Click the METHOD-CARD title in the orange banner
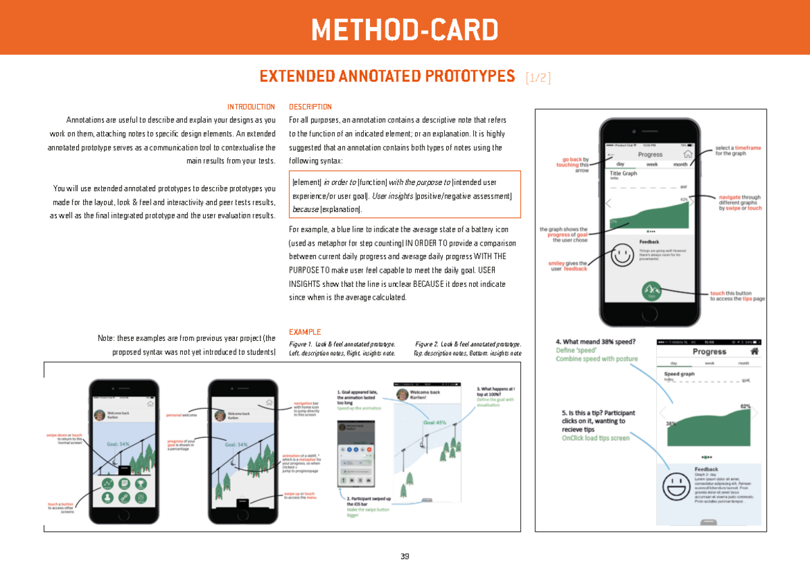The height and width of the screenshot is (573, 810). coord(404,30)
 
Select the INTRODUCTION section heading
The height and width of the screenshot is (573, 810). coord(251,107)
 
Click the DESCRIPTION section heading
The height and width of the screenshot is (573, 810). coord(310,107)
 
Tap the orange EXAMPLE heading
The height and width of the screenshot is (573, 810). coord(304,332)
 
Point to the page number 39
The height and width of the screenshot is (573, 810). coord(404,557)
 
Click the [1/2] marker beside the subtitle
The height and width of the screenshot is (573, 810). coord(538,78)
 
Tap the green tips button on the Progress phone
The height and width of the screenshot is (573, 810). coord(651,291)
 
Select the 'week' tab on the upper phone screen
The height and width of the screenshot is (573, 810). coord(652,164)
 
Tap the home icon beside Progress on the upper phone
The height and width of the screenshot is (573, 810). coord(688,154)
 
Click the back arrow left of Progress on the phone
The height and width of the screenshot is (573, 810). coord(612,154)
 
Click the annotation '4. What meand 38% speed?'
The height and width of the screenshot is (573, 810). coord(599,342)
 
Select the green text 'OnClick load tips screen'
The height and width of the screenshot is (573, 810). coord(595,438)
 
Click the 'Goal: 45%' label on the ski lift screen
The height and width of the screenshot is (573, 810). coord(435,422)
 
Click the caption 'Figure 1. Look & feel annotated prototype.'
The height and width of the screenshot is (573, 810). coord(342,344)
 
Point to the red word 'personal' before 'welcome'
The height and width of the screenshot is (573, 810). coord(174,415)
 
